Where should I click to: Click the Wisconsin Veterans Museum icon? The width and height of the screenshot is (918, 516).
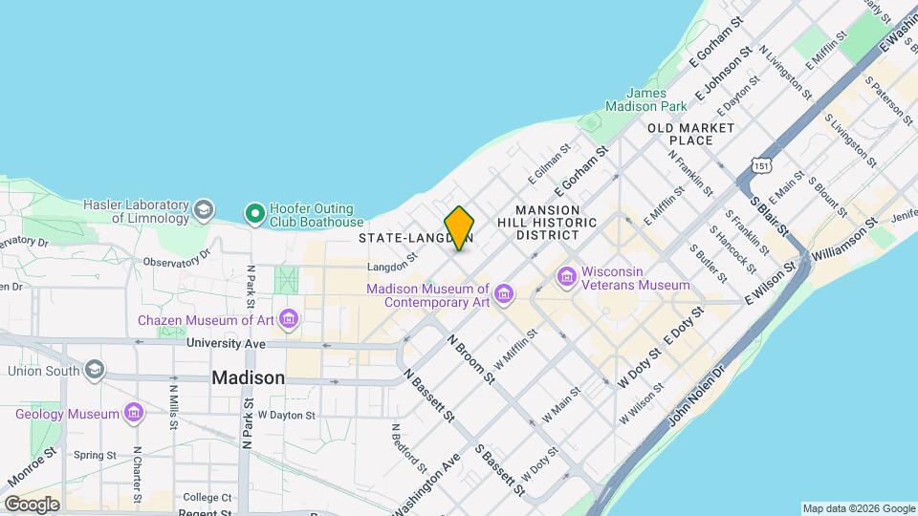pos(568,277)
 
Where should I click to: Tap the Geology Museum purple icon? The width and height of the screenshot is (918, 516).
pos(134,414)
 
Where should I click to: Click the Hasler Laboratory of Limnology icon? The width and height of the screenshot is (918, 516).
pos(203,209)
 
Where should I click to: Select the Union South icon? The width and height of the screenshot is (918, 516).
pos(94,369)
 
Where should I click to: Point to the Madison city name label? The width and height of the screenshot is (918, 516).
pos(248,377)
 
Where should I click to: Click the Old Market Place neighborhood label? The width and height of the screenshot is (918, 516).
pos(690,134)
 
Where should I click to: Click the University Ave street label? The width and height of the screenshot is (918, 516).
pos(226,342)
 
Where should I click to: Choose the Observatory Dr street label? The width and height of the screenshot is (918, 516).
pos(175,259)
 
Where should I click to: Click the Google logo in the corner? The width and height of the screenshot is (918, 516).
pos(32,504)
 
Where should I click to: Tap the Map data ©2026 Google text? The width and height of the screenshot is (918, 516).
pos(858,508)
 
